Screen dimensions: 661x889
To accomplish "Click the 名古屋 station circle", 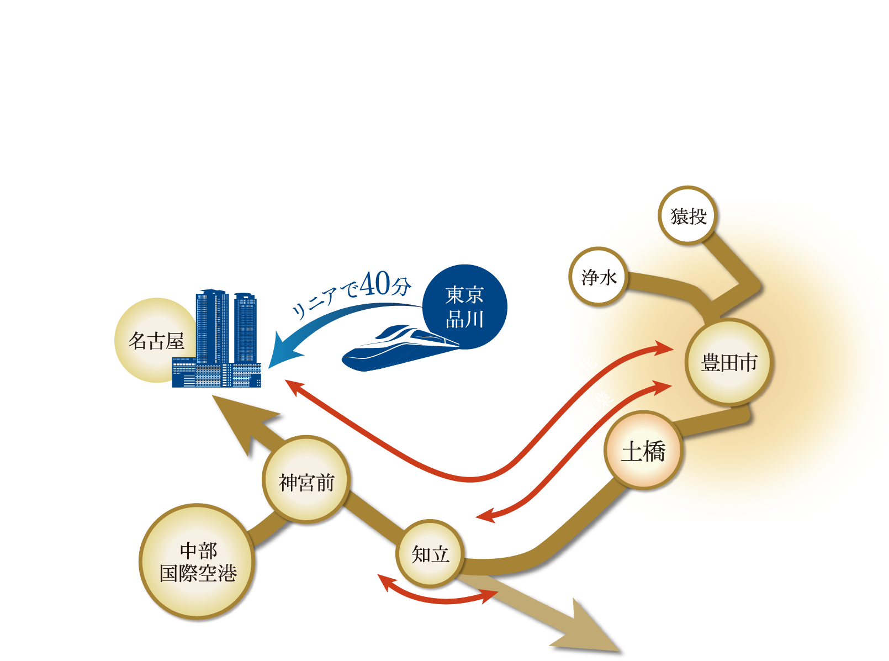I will (x=156, y=340).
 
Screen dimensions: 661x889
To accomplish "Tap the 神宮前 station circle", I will (x=306, y=482).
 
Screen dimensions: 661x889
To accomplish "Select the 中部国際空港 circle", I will (x=198, y=562).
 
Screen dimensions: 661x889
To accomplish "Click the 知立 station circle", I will (x=430, y=553).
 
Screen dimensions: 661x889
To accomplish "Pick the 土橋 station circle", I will (x=643, y=451).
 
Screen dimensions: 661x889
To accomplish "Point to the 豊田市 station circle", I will (x=729, y=363).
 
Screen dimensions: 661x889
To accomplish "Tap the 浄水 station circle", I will (x=598, y=277).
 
